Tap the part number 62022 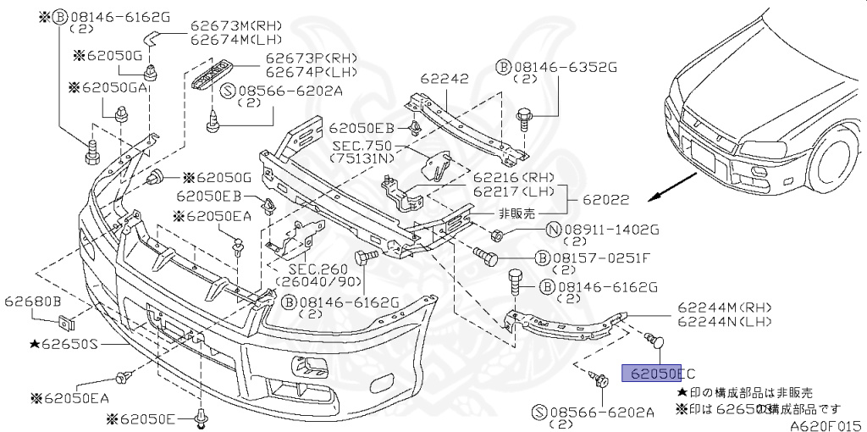pyautogui.click(x=606, y=201)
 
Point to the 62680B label pyautogui.click(x=31, y=301)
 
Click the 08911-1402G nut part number pyautogui.click(x=610, y=229)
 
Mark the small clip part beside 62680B pyautogui.click(x=66, y=322)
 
